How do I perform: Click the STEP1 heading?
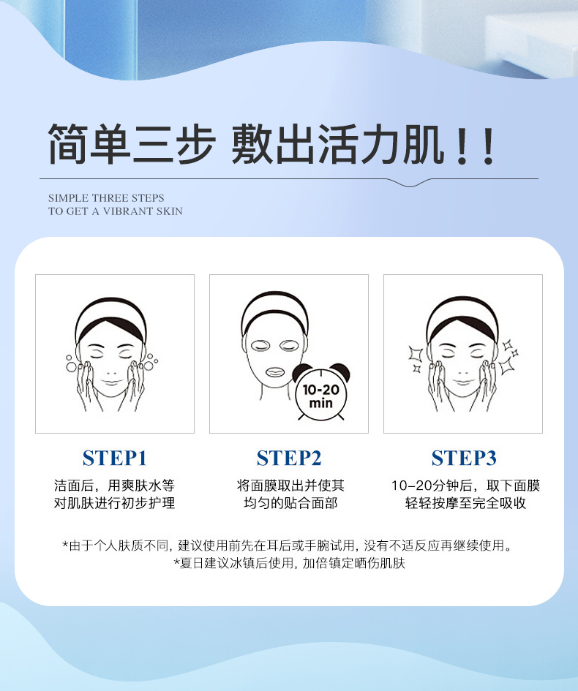click(x=115, y=458)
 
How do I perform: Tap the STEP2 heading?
click(x=289, y=458)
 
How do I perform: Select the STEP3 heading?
click(x=464, y=458)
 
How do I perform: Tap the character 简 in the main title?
click(x=68, y=144)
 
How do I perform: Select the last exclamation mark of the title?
click(x=488, y=146)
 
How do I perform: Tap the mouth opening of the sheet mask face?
click(x=275, y=372)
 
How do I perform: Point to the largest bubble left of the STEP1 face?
click(x=71, y=366)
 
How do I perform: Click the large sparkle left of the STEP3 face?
click(x=416, y=354)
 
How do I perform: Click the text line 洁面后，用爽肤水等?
click(x=115, y=486)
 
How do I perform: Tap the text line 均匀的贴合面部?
click(x=290, y=503)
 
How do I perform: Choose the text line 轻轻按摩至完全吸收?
click(x=465, y=503)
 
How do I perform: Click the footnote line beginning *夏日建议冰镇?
click(x=289, y=563)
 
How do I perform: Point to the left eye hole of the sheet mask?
click(x=260, y=345)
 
